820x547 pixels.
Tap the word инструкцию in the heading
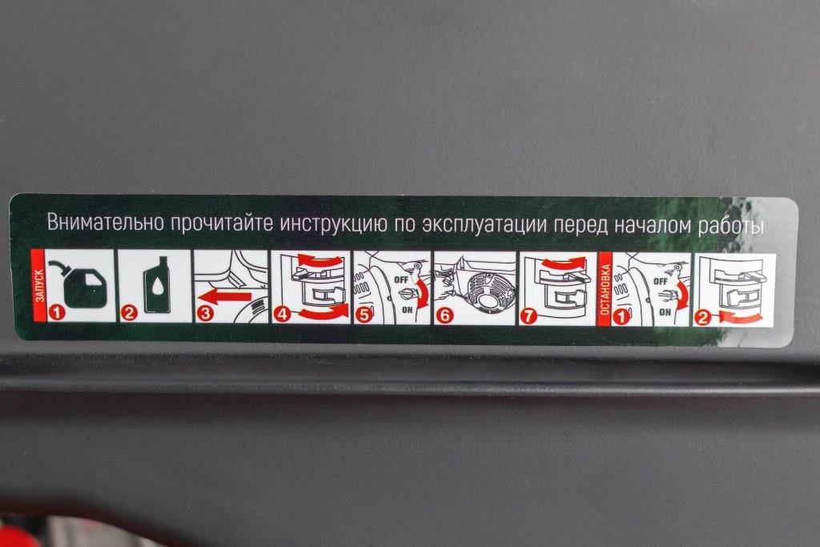tap(333, 223)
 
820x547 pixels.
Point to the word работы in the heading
tap(731, 226)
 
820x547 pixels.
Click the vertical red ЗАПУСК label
tap(38, 286)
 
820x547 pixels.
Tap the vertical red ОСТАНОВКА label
tap(605, 289)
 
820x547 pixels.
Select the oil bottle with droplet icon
tap(156, 284)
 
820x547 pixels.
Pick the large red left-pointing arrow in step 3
tap(224, 298)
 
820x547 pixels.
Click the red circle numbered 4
tap(283, 314)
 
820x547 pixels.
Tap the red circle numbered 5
tap(364, 315)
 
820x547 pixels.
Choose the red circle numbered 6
tap(445, 316)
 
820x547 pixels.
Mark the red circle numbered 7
tap(529, 316)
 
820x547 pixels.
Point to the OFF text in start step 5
tap(401, 280)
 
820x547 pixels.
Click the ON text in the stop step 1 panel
tap(665, 312)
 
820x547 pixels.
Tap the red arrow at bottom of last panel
tap(738, 316)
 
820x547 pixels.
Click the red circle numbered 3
tap(206, 314)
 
